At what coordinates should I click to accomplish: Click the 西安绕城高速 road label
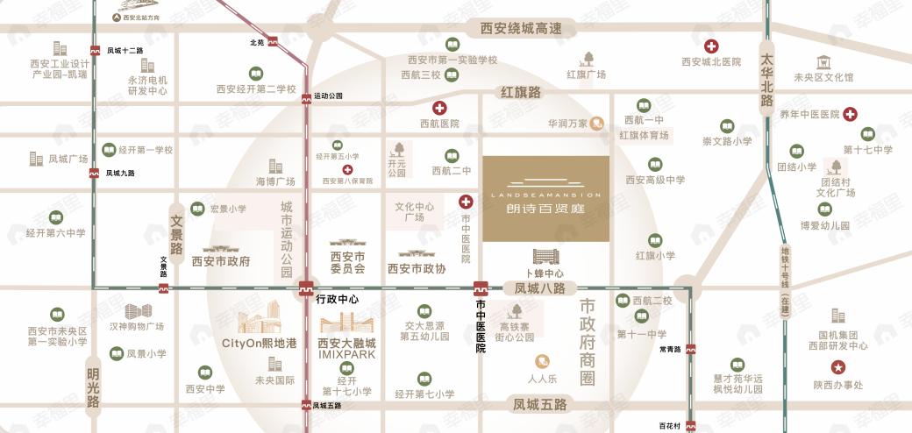coord(521,29)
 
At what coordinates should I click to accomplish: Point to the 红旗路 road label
coord(521,92)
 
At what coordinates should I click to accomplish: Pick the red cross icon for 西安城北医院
coord(712,46)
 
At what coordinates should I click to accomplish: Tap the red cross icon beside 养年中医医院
coord(850,114)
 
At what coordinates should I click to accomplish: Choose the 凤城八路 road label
coord(539,288)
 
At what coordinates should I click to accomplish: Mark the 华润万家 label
coord(568,124)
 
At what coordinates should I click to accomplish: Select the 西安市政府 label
coord(221,261)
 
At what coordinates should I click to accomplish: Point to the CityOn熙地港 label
coord(260,343)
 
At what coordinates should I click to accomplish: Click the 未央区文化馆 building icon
coord(823,62)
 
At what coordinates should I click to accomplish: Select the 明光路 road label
coord(93,387)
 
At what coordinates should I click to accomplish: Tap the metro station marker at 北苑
coord(273,41)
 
